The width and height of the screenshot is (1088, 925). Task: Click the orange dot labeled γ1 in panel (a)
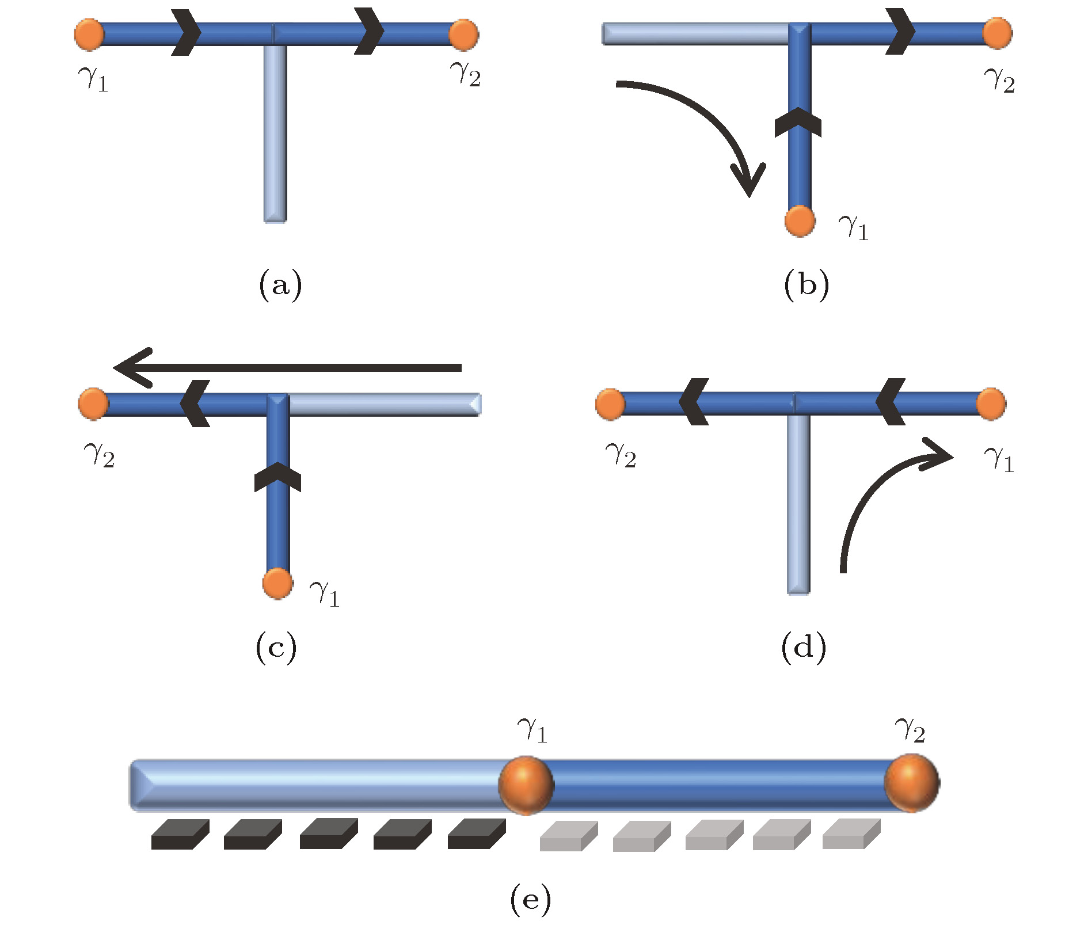coord(89,35)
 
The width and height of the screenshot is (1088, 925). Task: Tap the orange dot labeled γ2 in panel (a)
coord(463,35)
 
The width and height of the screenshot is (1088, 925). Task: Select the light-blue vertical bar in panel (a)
coord(275,132)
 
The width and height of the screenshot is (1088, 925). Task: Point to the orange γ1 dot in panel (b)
coord(800,221)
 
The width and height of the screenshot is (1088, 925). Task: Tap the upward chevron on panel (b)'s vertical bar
coord(798,122)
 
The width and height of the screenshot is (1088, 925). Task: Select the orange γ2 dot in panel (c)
coord(94,404)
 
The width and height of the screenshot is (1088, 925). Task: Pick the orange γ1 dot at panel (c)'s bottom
coord(277,584)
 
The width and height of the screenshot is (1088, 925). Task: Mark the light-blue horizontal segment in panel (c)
coord(383,404)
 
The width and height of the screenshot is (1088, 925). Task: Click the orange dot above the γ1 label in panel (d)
coord(991,404)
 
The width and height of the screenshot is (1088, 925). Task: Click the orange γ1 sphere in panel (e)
coord(526,785)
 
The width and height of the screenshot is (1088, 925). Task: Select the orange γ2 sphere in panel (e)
coord(911,783)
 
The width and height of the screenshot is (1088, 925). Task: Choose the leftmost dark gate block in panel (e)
coord(180,835)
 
